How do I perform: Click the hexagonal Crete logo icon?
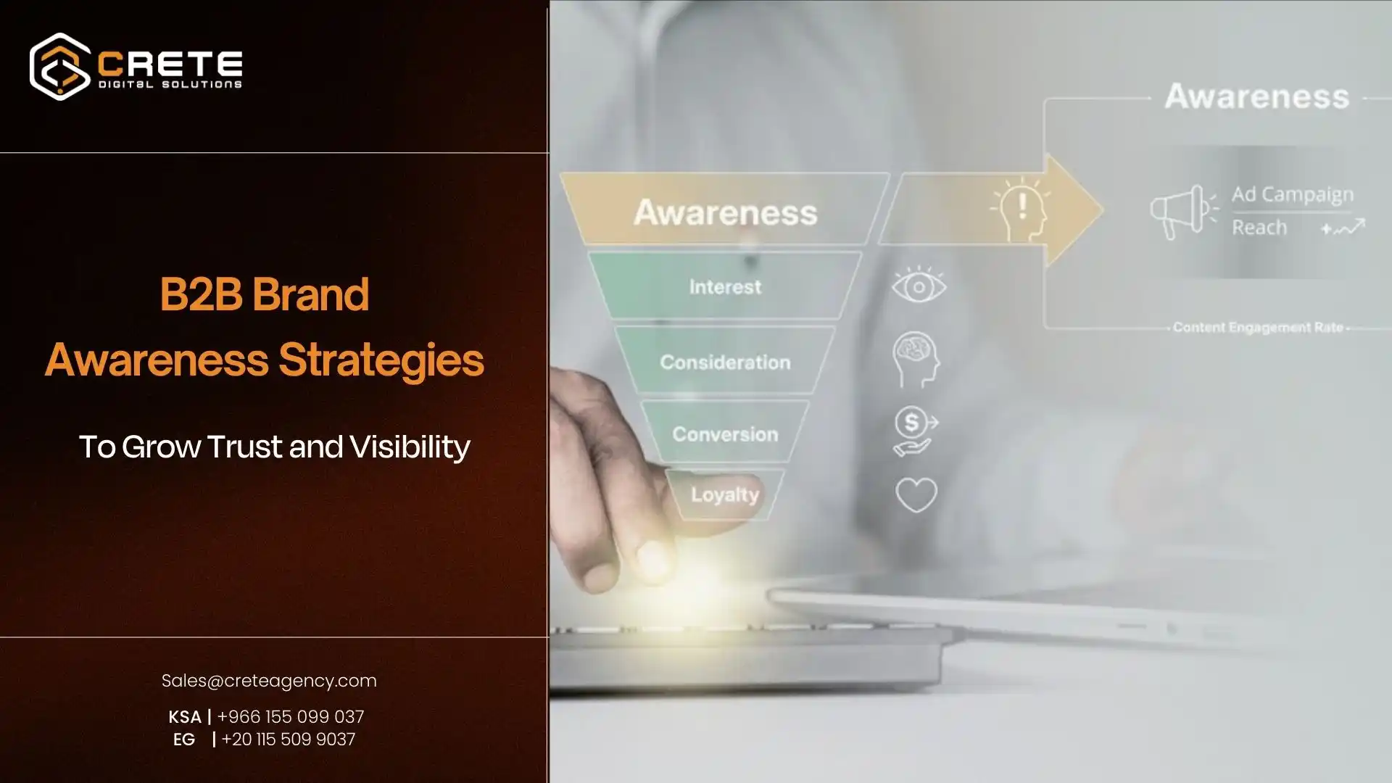[59, 66]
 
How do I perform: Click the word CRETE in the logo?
[170, 64]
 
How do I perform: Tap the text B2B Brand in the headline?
[265, 294]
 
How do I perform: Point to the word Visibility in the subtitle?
[410, 447]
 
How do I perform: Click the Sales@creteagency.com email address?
[269, 681]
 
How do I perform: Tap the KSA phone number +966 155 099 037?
[290, 716]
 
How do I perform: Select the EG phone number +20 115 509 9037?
[288, 739]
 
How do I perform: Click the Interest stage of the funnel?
[725, 287]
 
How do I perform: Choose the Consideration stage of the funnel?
[725, 362]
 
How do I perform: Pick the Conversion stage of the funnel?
[725, 434]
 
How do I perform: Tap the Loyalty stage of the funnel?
[725, 494]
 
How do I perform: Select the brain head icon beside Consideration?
[916, 360]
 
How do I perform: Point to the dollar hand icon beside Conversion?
[915, 431]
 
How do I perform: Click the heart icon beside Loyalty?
[916, 495]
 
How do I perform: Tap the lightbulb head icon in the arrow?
[1021, 209]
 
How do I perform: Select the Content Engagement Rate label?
[1258, 328]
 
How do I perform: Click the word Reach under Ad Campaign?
[1259, 228]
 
